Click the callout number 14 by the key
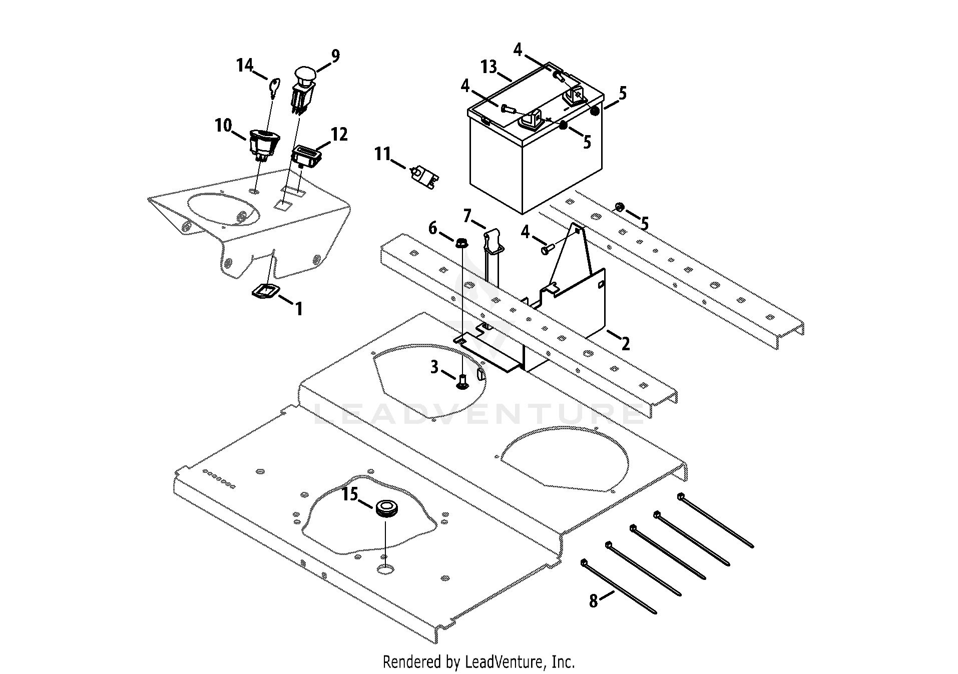[245, 65]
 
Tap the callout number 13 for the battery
[489, 67]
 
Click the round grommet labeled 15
[386, 508]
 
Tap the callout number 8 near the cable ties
[594, 600]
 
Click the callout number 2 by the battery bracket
[625, 344]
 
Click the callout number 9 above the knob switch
[335, 56]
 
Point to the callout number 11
[383, 154]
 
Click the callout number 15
[350, 494]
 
